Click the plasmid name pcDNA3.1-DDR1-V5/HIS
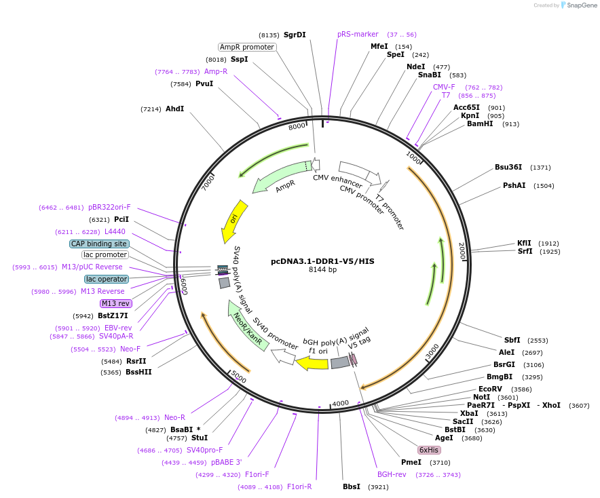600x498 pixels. tap(322, 261)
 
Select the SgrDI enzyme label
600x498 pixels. tap(295, 35)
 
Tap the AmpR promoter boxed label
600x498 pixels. tap(247, 47)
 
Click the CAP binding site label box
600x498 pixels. tap(99, 244)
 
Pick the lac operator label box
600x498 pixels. tap(107, 279)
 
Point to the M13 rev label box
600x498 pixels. tap(115, 303)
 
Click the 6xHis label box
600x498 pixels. tap(429, 450)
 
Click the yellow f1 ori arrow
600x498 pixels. tap(312, 364)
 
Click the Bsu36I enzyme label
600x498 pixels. tap(508, 167)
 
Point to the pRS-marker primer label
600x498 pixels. tap(358, 34)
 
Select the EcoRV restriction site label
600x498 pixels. tap(490, 389)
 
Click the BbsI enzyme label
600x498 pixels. tap(352, 486)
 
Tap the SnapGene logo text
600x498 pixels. tap(582, 5)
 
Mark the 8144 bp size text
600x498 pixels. tap(322, 269)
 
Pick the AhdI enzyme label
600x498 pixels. tap(174, 109)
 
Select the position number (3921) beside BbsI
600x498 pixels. tap(377, 487)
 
